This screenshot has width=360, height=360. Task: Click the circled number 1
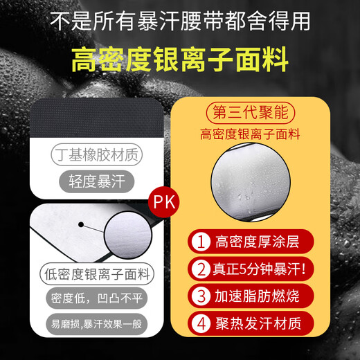click(x=201, y=243)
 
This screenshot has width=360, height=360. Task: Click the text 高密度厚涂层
click(x=257, y=243)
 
